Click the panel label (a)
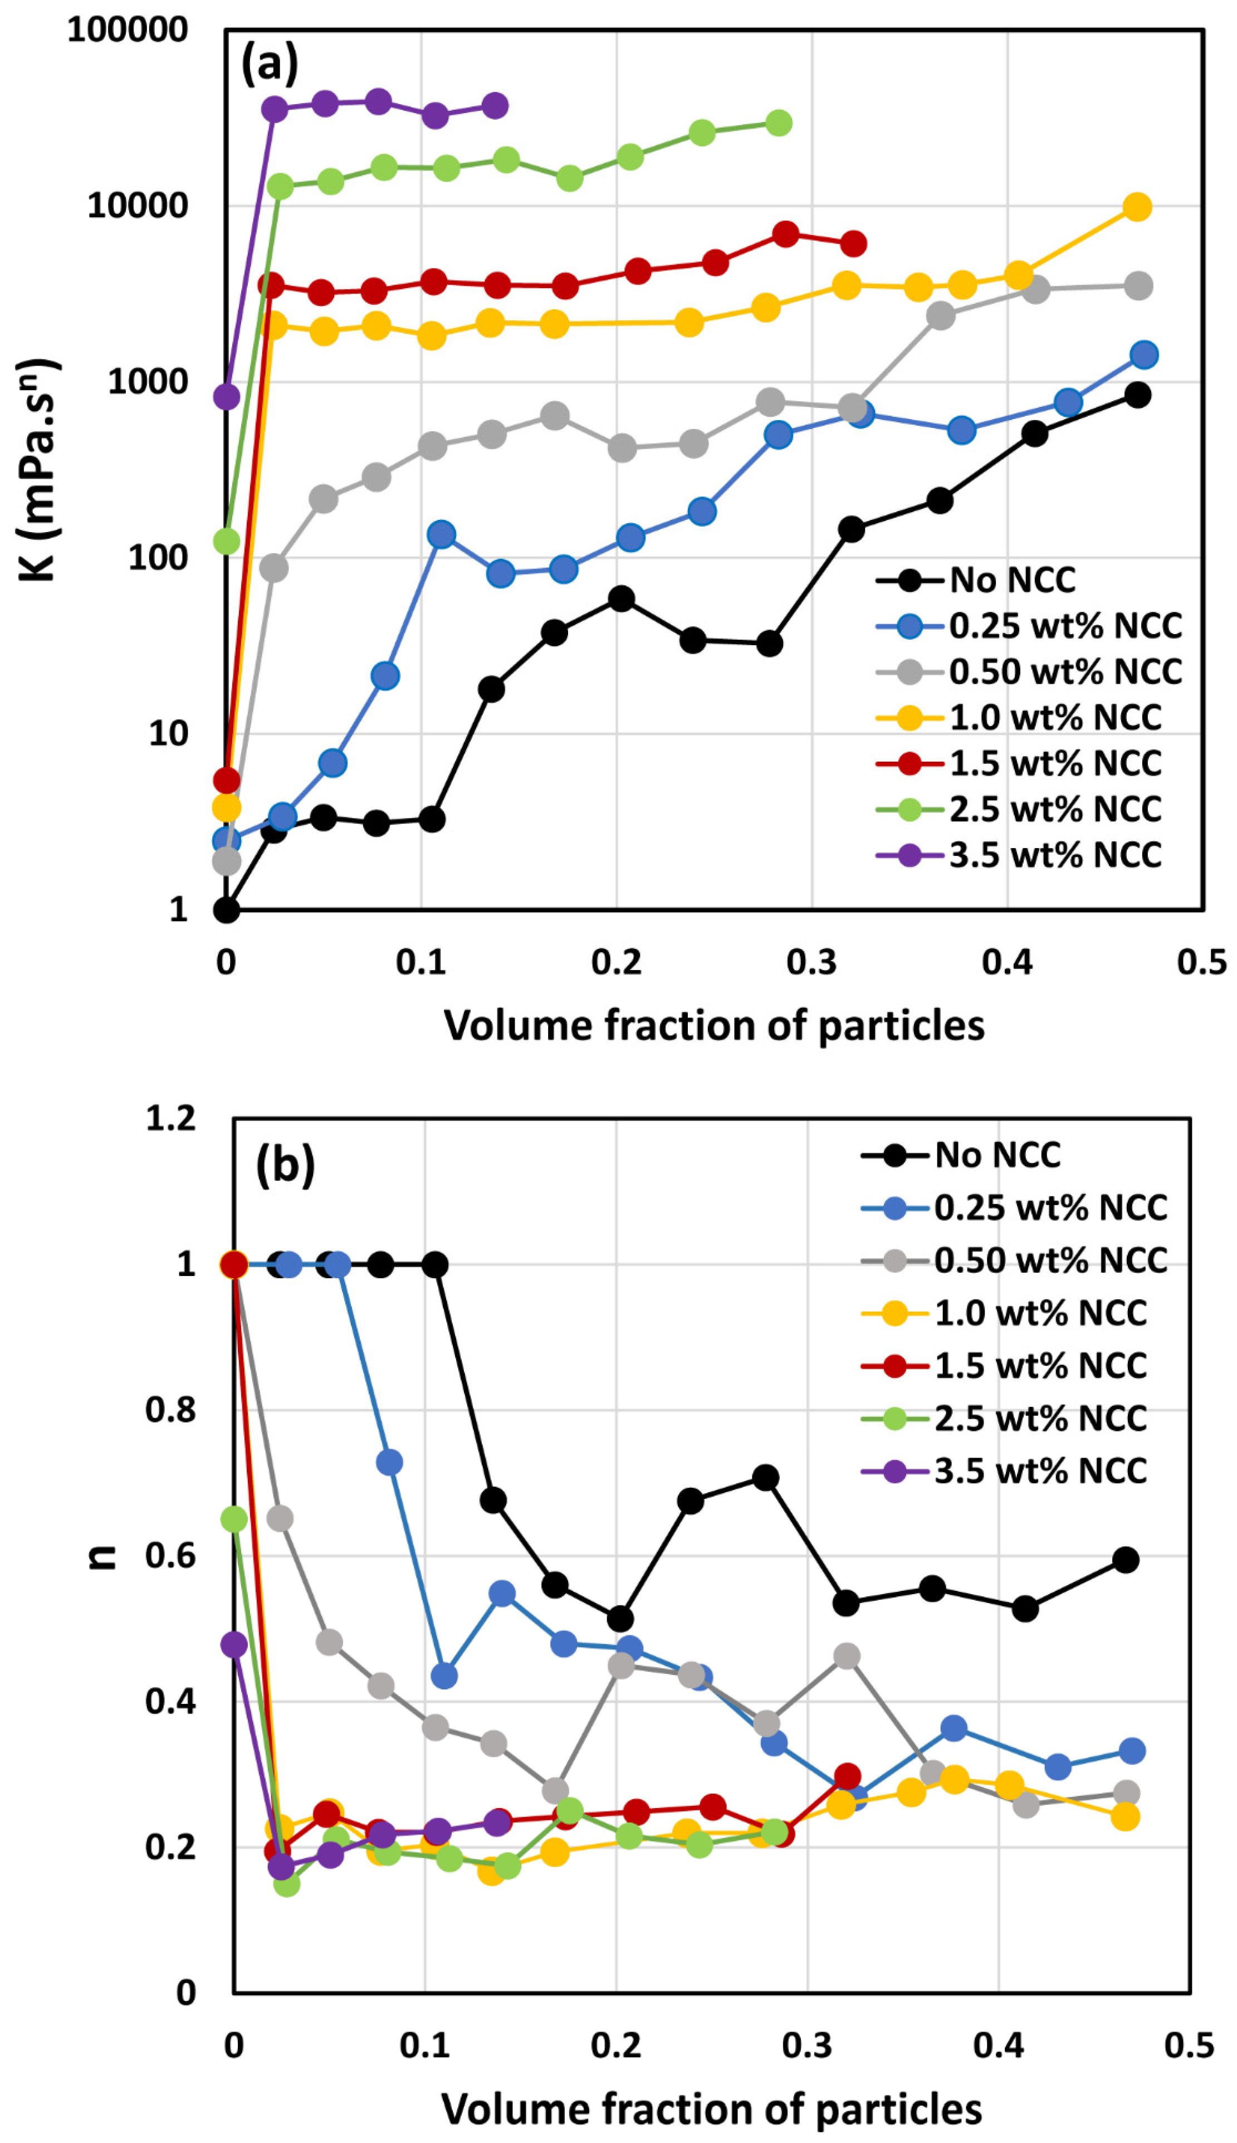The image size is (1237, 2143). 270,64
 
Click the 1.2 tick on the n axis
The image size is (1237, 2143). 171,1118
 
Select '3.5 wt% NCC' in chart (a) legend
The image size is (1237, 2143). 1054,855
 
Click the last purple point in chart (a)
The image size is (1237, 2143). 495,106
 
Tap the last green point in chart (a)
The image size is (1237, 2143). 778,123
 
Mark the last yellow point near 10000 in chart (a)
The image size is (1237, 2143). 1137,207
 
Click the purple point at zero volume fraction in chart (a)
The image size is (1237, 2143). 226,396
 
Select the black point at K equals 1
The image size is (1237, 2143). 226,910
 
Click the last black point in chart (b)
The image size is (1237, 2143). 1126,1559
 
